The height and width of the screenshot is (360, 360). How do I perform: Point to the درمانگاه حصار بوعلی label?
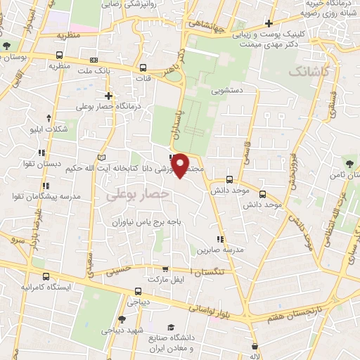(110, 106)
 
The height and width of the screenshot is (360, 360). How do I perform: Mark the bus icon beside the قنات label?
(143, 68)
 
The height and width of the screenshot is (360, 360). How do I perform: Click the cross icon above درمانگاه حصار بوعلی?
(108, 96)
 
